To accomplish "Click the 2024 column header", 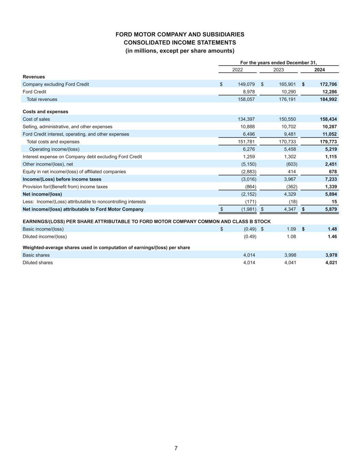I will click(x=319, y=70).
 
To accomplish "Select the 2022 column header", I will click(x=237, y=70).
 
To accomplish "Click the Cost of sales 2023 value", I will click(x=287, y=119).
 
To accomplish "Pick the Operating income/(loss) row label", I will click(x=54, y=149).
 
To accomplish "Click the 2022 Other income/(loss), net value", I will click(x=249, y=164).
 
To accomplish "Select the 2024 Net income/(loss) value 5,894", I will click(x=330, y=194).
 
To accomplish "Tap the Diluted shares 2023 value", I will click(x=290, y=263).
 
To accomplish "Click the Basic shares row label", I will click(x=36, y=255).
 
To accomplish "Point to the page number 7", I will click(x=176, y=448).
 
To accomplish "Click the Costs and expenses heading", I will click(x=45, y=112).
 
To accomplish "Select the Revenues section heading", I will click(x=34, y=77).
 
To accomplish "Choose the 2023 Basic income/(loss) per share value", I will click(x=291, y=229).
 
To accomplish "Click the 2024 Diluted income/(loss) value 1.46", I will click(x=332, y=237).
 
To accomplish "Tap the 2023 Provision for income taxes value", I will click(x=292, y=187).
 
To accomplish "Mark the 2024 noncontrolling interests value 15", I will click(x=334, y=202).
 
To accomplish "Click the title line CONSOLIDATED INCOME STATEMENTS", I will click(x=180, y=43).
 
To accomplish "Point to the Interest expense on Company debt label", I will click(x=82, y=157).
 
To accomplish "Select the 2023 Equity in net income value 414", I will click(x=292, y=172).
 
